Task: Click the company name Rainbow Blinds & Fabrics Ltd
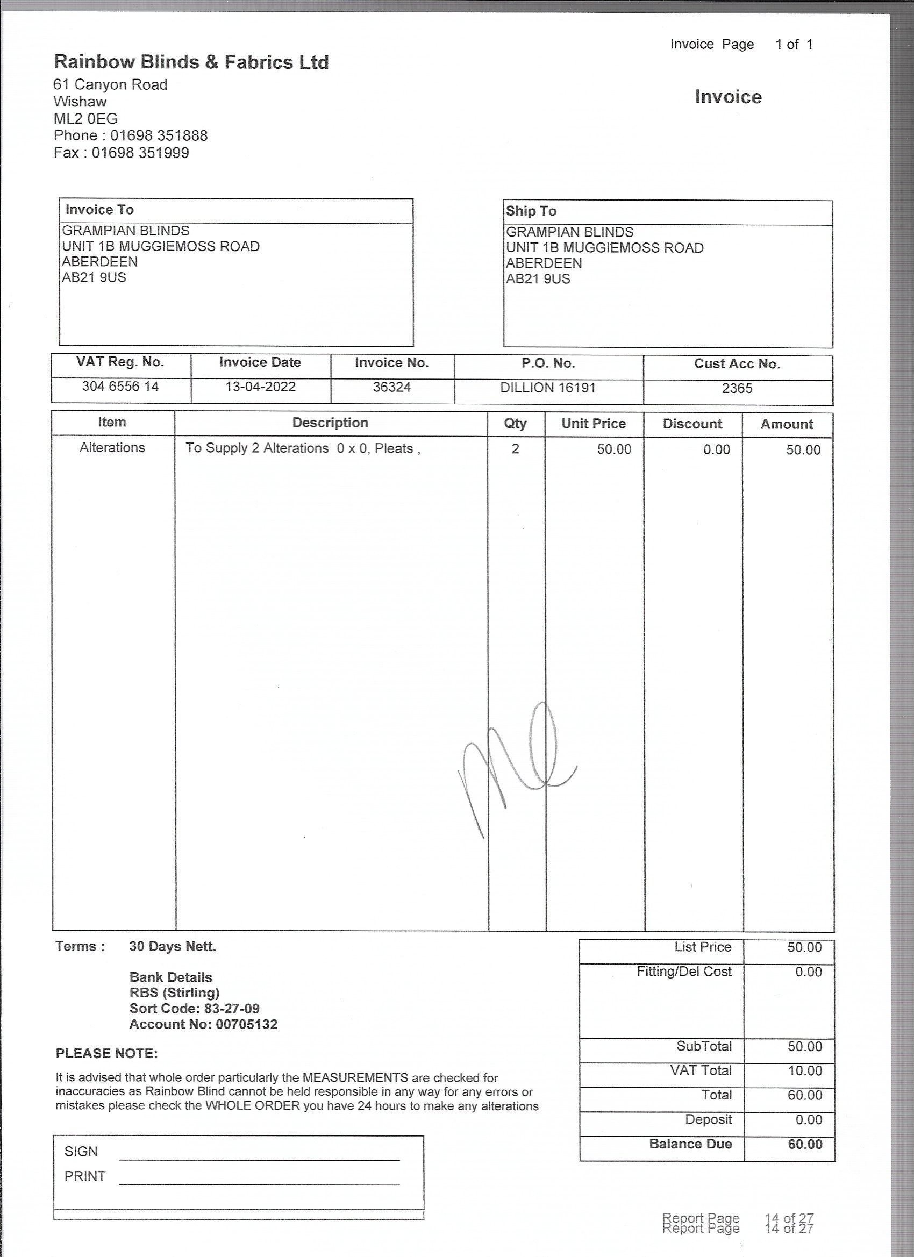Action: click(x=191, y=62)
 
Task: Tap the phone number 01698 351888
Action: click(x=159, y=136)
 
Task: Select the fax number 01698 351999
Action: click(x=140, y=153)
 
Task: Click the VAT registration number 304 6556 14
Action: click(x=120, y=387)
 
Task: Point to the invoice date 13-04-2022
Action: click(x=260, y=387)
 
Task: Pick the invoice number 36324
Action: click(x=392, y=387)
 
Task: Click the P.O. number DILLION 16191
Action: click(x=548, y=388)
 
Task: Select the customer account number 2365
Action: click(x=737, y=389)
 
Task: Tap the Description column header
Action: click(x=330, y=423)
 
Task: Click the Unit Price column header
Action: click(x=593, y=424)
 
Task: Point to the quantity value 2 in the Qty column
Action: click(x=515, y=449)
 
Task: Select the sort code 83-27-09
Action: click(x=232, y=1009)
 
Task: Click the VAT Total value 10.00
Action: click(x=805, y=1071)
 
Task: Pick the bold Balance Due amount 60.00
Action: click(x=805, y=1144)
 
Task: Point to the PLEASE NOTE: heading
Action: click(x=106, y=1054)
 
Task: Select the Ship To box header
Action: click(x=531, y=211)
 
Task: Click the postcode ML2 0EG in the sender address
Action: click(x=85, y=119)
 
